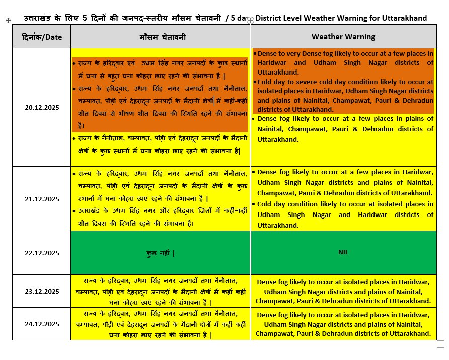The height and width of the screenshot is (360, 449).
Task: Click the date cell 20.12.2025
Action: coord(42,107)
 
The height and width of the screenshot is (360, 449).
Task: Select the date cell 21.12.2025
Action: coord(42,198)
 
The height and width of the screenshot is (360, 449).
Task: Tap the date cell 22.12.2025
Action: coord(42,252)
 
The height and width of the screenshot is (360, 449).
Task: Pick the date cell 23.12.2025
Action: coord(42,291)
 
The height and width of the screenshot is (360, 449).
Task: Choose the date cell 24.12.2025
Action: coord(42,324)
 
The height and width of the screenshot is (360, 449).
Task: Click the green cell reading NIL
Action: coord(343,252)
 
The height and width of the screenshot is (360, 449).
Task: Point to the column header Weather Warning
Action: coord(343,37)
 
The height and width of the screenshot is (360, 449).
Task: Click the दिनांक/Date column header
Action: coord(42,37)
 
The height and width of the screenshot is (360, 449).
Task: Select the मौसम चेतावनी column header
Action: coord(160,37)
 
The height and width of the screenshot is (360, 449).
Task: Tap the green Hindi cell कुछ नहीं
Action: coord(160,253)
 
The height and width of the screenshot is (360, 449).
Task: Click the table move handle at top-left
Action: coord(8,20)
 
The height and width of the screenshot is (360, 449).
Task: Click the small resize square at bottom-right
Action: coord(440,344)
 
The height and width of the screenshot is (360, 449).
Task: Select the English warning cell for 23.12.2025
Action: coord(343,292)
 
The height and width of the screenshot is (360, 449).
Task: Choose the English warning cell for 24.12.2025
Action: coord(343,324)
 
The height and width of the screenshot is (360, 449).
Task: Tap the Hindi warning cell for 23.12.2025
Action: coord(160,291)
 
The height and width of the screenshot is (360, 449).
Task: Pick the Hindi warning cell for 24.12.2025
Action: coord(160,324)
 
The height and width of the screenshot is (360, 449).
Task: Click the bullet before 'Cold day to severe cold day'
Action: coord(255,82)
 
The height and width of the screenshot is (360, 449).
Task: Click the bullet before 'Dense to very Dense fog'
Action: coord(255,53)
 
